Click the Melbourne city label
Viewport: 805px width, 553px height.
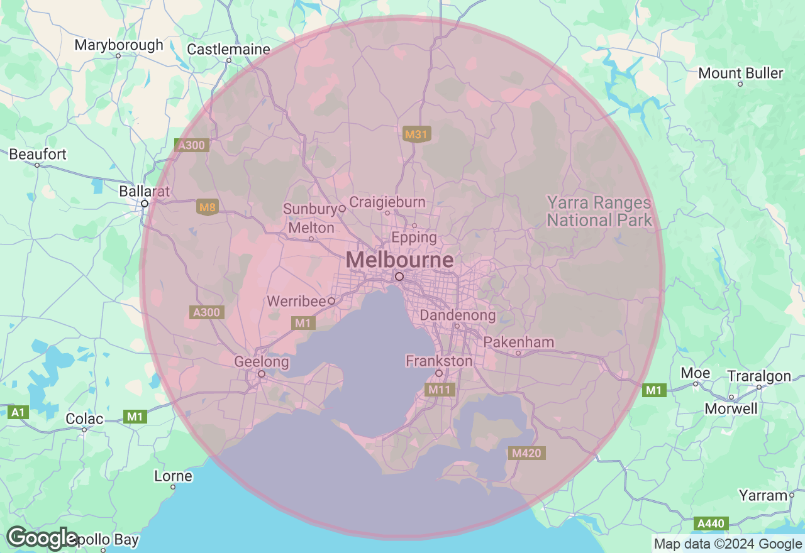[x=399, y=260]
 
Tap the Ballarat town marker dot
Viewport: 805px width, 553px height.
[x=145, y=204]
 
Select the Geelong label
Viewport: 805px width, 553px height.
[x=261, y=362]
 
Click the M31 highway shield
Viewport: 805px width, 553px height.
[x=416, y=134]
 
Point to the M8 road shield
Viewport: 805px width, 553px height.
[x=207, y=207]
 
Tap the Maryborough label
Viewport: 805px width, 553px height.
[x=118, y=45]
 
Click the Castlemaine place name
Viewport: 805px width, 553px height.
[x=228, y=49]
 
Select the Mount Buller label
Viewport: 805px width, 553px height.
[x=741, y=73]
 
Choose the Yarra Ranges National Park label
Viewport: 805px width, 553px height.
[x=599, y=211]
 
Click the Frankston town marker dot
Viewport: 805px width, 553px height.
[x=439, y=374]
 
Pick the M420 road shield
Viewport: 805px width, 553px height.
[x=526, y=453]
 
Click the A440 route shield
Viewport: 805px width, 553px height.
[x=712, y=523]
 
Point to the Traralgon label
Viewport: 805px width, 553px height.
[x=758, y=376]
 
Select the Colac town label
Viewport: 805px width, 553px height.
[x=84, y=419]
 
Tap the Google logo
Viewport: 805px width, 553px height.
[x=42, y=538]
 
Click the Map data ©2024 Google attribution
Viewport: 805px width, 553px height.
[x=728, y=544]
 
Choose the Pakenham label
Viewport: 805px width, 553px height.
[x=519, y=342]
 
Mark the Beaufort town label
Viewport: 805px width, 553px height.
[x=38, y=154]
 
